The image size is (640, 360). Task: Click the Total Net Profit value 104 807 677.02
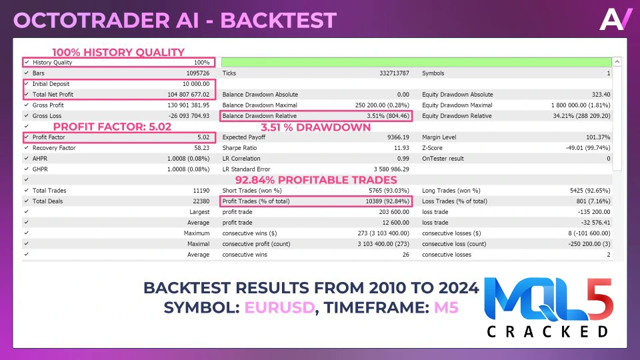coord(188,94)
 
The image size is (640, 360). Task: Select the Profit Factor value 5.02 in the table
coord(203,137)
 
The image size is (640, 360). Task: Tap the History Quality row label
coord(52,63)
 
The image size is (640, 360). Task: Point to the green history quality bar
coord(416,62)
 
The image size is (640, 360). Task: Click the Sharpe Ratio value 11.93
coord(401,148)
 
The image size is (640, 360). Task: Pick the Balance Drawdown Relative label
coord(259,116)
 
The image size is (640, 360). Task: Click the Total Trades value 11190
coord(201,191)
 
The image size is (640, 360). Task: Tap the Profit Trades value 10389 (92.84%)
coord(387,201)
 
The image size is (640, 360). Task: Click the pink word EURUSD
coord(279,307)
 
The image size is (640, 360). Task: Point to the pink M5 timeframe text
coord(446,307)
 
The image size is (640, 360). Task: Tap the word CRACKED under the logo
coord(548,331)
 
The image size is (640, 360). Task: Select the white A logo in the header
coord(615,19)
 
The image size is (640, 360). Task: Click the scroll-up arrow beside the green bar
coord(617,62)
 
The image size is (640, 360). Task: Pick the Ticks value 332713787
coord(394,73)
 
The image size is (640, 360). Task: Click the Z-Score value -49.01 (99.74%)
coord(588,148)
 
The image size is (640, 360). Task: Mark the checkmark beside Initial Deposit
coord(27,84)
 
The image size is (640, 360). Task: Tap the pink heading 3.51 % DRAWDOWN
coord(315,127)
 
